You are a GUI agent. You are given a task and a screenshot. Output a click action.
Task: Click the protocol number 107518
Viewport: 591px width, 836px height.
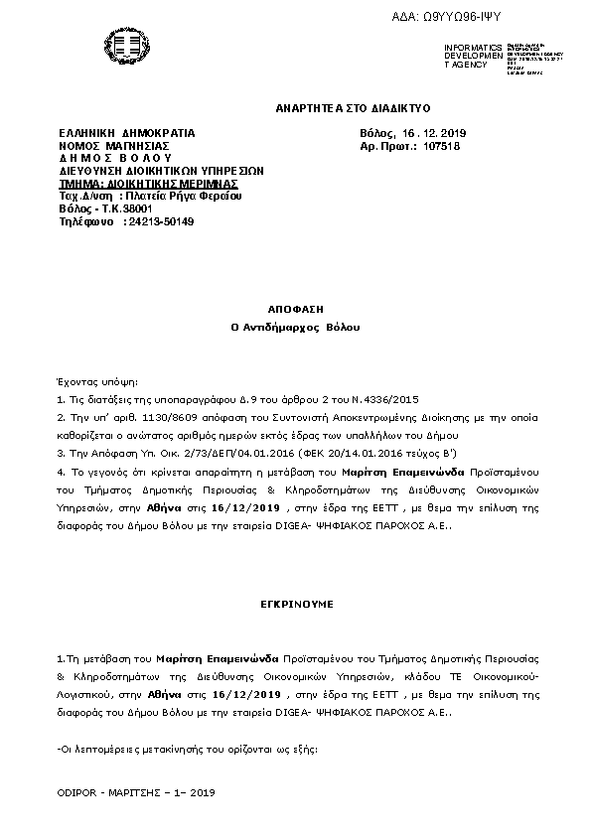point(441,146)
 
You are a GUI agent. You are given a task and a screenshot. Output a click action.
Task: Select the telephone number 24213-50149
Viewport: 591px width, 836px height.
point(159,222)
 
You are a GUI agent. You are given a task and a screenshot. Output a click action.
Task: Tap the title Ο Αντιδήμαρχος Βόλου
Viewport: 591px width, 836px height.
point(296,327)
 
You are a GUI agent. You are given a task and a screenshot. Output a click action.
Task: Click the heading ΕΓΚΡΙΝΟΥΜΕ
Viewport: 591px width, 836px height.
point(296,603)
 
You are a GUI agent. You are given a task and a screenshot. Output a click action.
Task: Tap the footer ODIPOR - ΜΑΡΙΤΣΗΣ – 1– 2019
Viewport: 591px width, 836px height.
point(137,793)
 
